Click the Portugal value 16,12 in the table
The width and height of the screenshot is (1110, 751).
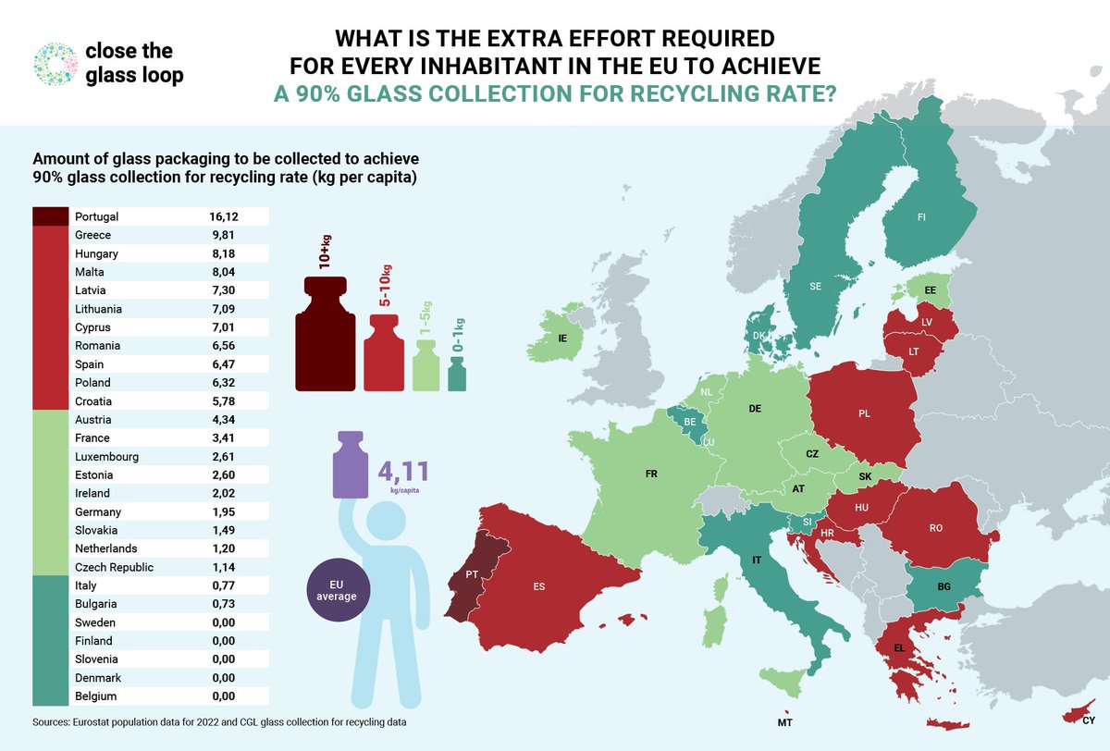[x=224, y=216]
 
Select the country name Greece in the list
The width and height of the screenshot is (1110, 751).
[x=93, y=235]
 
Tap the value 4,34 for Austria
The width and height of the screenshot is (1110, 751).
[x=224, y=420]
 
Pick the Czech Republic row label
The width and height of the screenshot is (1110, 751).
[x=114, y=568]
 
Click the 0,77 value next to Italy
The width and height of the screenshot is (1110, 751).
[x=224, y=586]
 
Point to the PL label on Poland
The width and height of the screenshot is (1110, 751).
[x=864, y=413]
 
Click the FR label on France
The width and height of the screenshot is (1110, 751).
[x=651, y=474]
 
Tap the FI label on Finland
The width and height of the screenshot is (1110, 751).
[x=921, y=217]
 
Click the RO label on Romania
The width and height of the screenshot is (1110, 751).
[x=935, y=529]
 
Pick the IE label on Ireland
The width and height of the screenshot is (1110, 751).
[x=561, y=339]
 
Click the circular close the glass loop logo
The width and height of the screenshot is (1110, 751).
[x=52, y=64]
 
